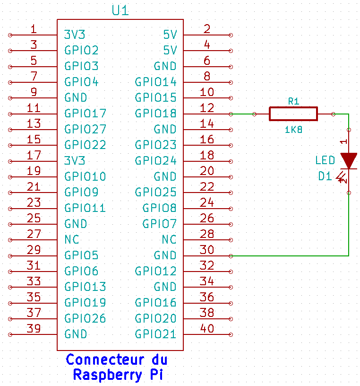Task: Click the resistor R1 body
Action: [x=293, y=114]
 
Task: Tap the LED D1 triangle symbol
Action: [x=349, y=161]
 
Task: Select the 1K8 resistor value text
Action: [x=293, y=129]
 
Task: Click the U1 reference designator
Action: [x=120, y=10]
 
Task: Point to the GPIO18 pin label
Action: [x=155, y=114]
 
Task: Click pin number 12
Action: [x=207, y=108]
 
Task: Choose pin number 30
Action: [x=207, y=250]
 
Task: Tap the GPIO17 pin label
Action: [x=85, y=114]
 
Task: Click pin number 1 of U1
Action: [x=33, y=29]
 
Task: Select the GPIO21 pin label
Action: [x=155, y=334]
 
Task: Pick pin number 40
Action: [x=207, y=328]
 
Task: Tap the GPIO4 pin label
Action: [x=81, y=82]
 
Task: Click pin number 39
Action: [x=33, y=328]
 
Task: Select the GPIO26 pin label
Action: [x=85, y=318]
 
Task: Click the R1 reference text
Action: [x=293, y=101]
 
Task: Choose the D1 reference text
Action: [x=325, y=176]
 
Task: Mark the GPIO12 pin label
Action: [x=155, y=271]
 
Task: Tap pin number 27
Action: [x=33, y=234]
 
